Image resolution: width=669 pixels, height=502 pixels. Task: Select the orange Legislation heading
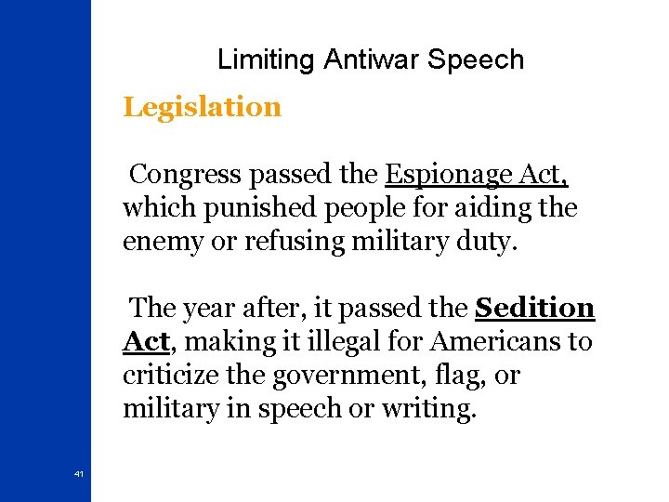pos(202,107)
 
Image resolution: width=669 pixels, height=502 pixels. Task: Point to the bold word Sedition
pos(534,308)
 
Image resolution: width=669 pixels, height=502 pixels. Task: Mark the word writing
pos(425,409)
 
